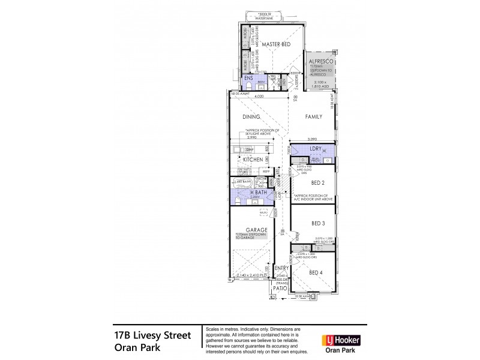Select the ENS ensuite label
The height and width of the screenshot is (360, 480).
point(247,77)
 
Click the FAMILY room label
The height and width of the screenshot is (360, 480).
point(313,118)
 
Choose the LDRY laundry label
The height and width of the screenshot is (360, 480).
point(315,148)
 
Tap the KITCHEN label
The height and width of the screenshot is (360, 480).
point(253,160)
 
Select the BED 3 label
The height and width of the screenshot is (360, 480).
point(318,223)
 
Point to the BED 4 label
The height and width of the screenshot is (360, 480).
point(316,272)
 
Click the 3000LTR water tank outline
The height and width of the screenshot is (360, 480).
point(265,16)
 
